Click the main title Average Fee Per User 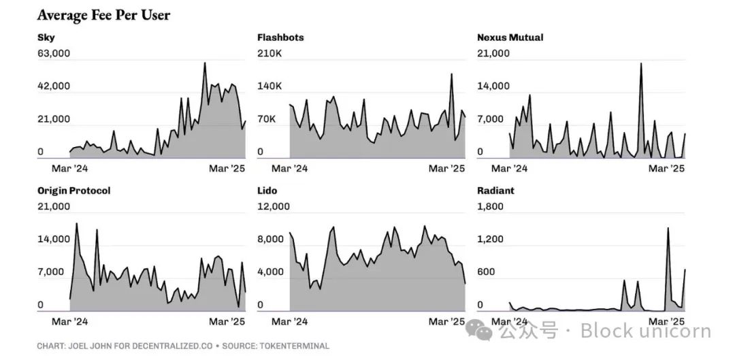pyautogui.click(x=103, y=15)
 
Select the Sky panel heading pyautogui.click(x=46, y=37)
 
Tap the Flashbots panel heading pyautogui.click(x=280, y=37)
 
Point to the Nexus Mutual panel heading pyautogui.click(x=510, y=37)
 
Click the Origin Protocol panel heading pyautogui.click(x=73, y=191)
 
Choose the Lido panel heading pyautogui.click(x=267, y=191)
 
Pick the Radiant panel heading pyautogui.click(x=495, y=191)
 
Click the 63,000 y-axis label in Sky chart pyautogui.click(x=54, y=53)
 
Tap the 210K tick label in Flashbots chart pyautogui.click(x=269, y=53)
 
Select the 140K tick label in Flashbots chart pyautogui.click(x=269, y=86)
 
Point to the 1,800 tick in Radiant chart pyautogui.click(x=491, y=206)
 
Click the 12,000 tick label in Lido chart pyautogui.click(x=274, y=206)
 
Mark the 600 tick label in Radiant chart pyautogui.click(x=487, y=272)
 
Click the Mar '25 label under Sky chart pyautogui.click(x=227, y=168)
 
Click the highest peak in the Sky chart pyautogui.click(x=205, y=63)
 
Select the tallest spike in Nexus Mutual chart pyautogui.click(x=640, y=64)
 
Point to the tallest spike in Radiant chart pyautogui.click(x=668, y=228)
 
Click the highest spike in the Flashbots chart pyautogui.click(x=451, y=74)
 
